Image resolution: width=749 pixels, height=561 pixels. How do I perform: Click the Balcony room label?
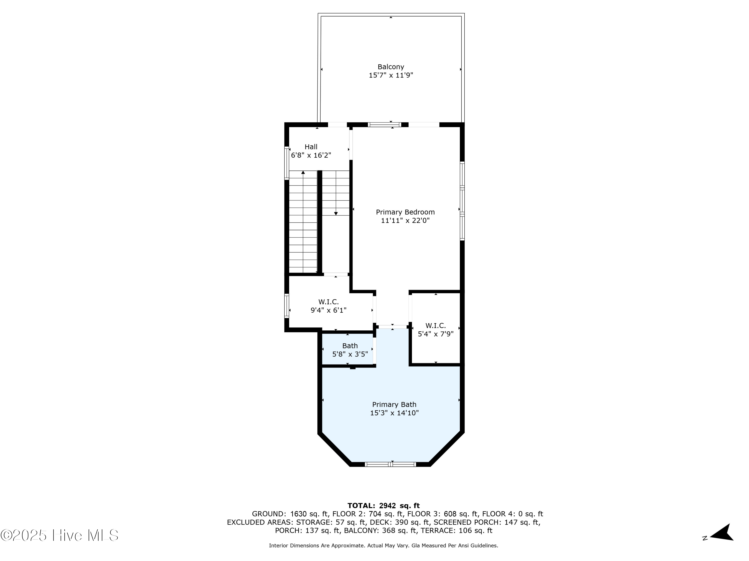point(391,67)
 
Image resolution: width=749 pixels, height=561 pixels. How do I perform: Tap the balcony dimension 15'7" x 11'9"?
point(391,75)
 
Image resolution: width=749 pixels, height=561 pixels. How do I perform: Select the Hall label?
point(311,147)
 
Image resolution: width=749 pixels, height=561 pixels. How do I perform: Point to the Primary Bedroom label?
point(405,212)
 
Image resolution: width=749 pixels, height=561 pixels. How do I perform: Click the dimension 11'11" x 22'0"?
point(405,220)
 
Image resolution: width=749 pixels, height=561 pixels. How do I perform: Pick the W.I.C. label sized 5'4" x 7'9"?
point(435,326)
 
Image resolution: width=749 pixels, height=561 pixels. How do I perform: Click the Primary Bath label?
point(394,404)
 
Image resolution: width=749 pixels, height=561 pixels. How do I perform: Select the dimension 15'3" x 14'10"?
point(394,413)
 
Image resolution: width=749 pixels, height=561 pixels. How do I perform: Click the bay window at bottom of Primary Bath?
point(390,464)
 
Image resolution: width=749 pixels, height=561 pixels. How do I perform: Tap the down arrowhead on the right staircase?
point(336,213)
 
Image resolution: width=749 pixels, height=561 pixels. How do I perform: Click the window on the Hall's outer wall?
point(286,163)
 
